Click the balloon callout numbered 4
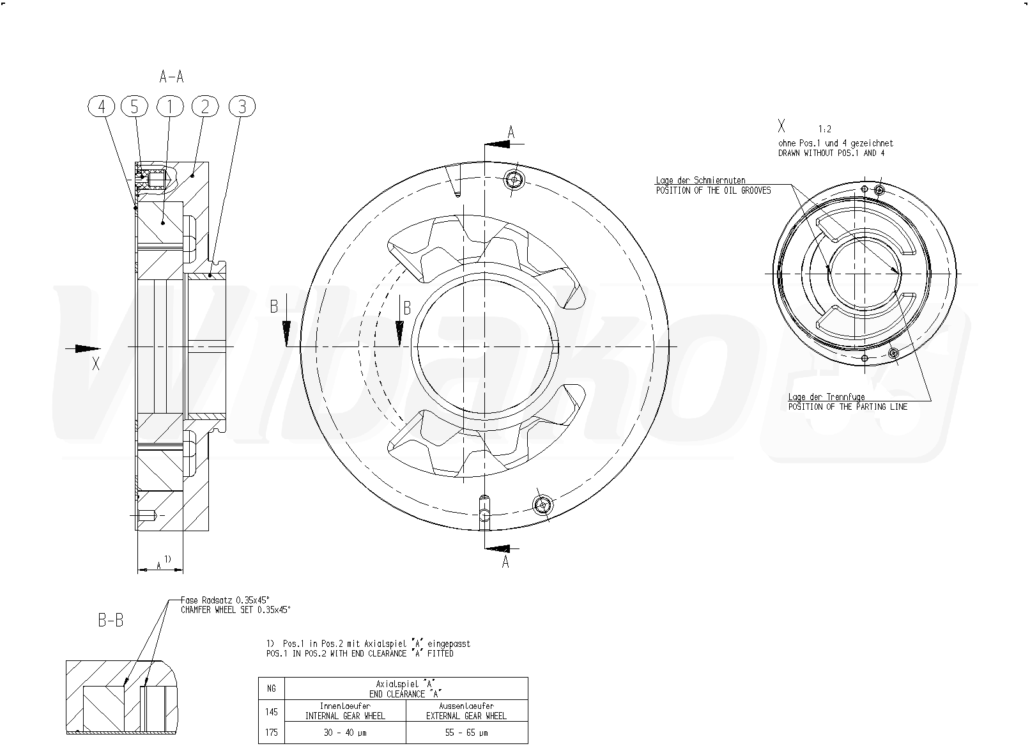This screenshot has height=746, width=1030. (102, 107)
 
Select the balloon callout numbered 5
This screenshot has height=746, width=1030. (134, 107)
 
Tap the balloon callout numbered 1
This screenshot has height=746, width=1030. (170, 107)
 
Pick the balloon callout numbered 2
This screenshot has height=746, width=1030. (205, 107)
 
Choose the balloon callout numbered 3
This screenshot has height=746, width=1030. (242, 107)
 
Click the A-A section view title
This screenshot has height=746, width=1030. (171, 76)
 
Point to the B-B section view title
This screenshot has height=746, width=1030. (111, 621)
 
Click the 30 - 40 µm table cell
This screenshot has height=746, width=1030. (345, 733)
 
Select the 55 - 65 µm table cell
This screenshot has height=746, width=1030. (466, 733)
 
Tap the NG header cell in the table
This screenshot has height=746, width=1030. (272, 688)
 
